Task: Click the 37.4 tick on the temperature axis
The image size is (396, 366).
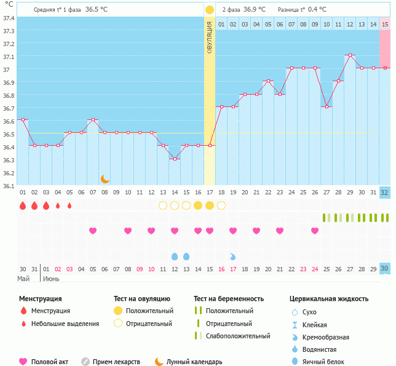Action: coord(8,18)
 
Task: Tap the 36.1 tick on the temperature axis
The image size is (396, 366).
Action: coord(8,185)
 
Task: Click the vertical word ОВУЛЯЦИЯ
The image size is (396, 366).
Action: coord(209,37)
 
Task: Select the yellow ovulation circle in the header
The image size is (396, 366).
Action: coord(209,10)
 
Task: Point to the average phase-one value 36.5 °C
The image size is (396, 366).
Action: coord(101,10)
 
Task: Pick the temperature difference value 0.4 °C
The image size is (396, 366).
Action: coord(317,10)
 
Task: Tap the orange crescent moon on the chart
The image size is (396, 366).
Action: coord(105,178)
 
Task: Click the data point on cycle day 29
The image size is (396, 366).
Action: coord(350,55)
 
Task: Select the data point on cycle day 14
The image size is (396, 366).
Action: coord(175,159)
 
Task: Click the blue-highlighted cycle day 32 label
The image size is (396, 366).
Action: coord(385,192)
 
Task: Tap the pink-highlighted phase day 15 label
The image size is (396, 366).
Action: coord(385,24)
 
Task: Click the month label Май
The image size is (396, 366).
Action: coord(23,279)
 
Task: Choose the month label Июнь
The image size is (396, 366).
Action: coord(51,279)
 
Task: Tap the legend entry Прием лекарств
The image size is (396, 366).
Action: coord(116,362)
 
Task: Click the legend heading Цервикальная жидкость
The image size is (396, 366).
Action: coord(329,298)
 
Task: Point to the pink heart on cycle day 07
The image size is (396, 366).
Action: coord(93,231)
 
